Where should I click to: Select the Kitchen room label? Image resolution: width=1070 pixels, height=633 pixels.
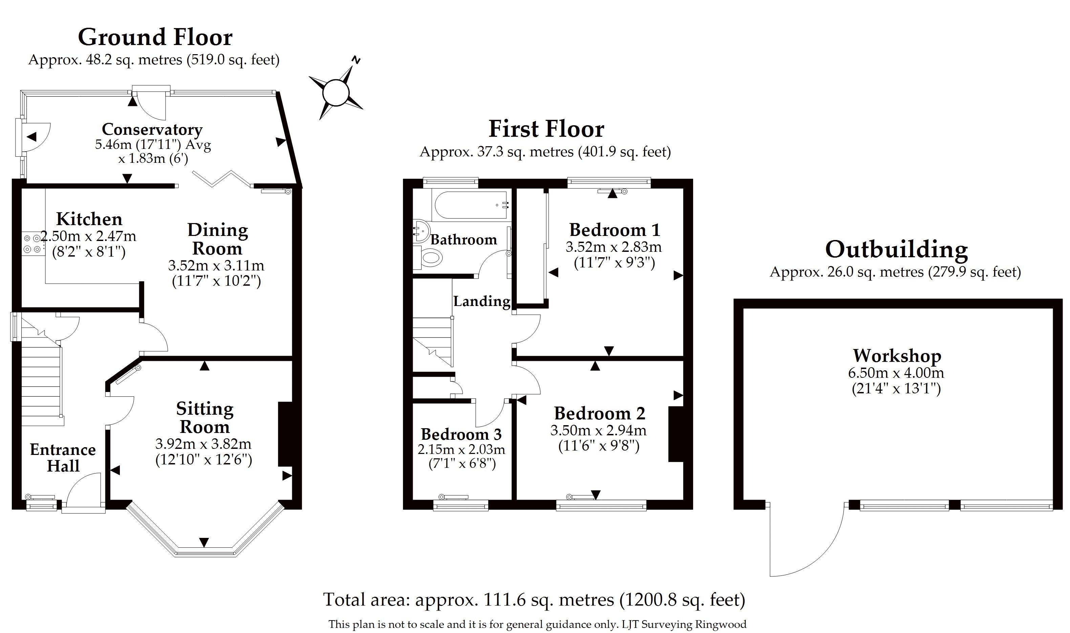click(89, 219)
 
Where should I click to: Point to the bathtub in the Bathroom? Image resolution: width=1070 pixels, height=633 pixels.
click(471, 205)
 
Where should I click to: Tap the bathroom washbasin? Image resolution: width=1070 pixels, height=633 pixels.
click(421, 232)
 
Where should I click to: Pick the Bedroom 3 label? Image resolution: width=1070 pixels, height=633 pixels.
click(461, 434)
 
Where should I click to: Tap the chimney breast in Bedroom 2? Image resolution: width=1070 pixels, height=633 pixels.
click(676, 434)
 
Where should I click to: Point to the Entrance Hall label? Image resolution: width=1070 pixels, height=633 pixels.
click(63, 458)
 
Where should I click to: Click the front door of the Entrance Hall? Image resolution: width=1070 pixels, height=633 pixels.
click(84, 490)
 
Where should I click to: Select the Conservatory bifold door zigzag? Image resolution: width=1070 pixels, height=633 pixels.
click(221, 179)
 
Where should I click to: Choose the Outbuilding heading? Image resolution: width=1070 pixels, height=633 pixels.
click(896, 249)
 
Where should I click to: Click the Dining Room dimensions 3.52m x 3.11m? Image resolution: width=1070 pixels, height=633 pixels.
click(216, 266)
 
